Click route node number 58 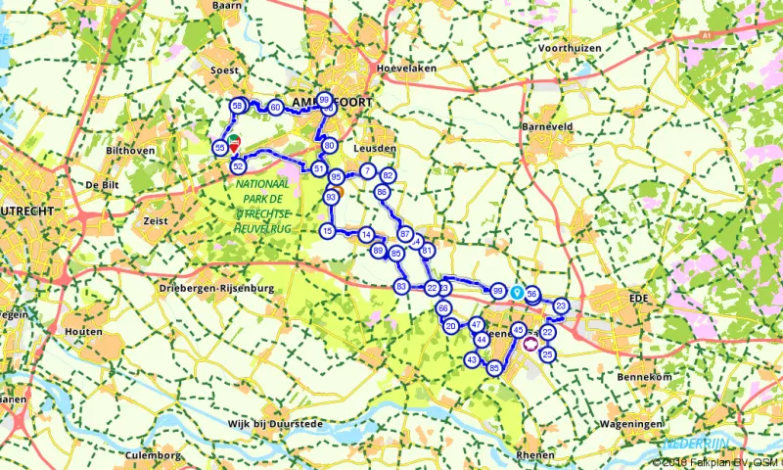237,106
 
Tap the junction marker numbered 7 367,171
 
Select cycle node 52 238,166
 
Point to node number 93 331,198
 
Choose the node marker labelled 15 327,231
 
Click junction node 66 443,308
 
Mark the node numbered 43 471,360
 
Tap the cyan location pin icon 517,293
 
